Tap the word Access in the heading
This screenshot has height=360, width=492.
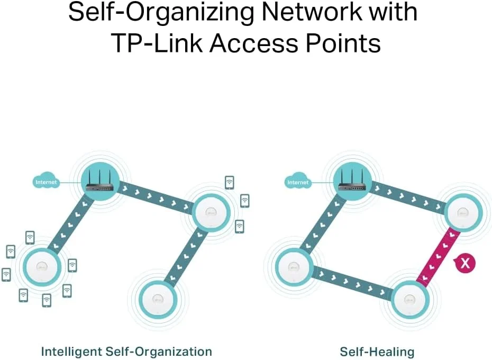253,43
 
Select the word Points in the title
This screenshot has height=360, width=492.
343,43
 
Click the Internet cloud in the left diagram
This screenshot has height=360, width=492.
46,181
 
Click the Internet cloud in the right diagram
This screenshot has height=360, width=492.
298,181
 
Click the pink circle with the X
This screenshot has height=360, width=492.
464,263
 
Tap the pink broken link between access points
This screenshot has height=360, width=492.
438,258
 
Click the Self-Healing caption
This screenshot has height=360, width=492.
377,352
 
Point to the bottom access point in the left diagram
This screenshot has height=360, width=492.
158,299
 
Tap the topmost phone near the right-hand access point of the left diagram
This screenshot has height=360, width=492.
230,183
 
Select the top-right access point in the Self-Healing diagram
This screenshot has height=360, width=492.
463,213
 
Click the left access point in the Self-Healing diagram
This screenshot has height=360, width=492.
294,267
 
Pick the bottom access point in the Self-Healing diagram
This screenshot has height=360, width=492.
410,299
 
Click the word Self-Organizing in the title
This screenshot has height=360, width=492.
161,13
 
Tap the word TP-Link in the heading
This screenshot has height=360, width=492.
157,43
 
